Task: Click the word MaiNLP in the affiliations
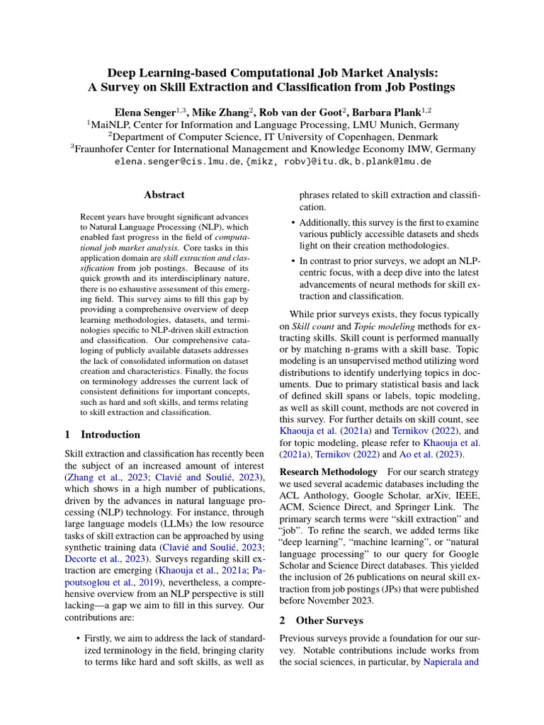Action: (110, 125)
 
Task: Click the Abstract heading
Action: (164, 195)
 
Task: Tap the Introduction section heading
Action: (110, 435)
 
